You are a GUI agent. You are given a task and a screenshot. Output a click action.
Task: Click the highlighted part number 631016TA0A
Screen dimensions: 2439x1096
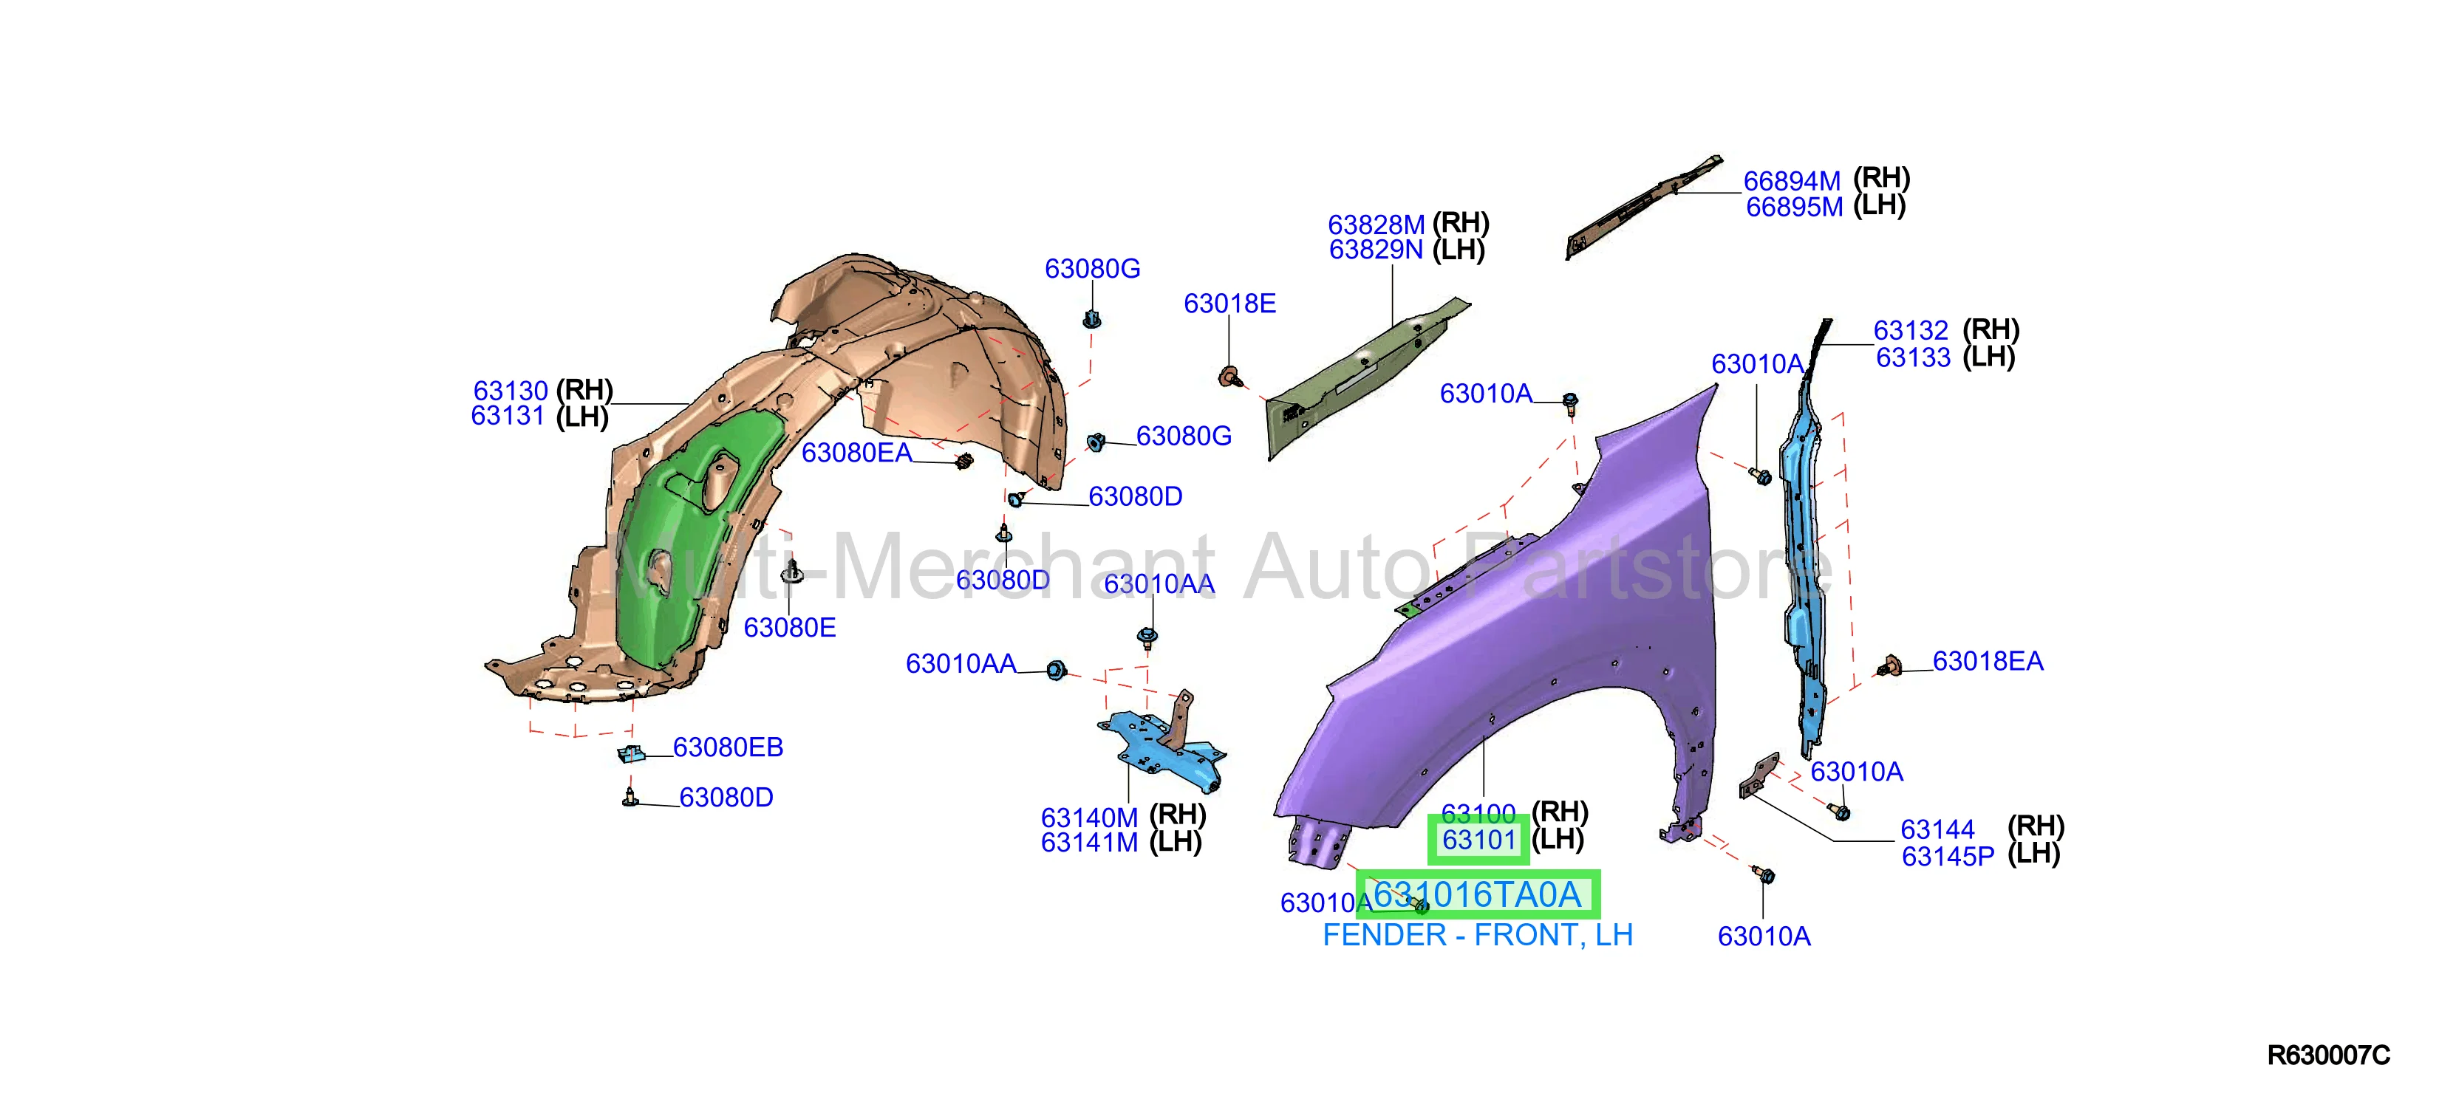pyautogui.click(x=1477, y=894)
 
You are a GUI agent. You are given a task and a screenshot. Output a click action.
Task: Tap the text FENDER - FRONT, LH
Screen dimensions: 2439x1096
pyautogui.click(x=1477, y=935)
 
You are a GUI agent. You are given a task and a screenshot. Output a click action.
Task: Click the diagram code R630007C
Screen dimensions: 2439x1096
pyautogui.click(x=2328, y=1055)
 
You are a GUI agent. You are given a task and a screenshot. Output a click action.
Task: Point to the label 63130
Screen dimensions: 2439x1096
pyautogui.click(x=511, y=391)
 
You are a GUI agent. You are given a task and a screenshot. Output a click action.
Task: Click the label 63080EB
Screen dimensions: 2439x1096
pyautogui.click(x=728, y=747)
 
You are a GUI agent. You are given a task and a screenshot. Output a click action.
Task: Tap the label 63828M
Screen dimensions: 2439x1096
pyautogui.click(x=1376, y=225)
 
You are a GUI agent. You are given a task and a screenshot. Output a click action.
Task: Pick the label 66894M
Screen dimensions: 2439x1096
pyautogui.click(x=1792, y=181)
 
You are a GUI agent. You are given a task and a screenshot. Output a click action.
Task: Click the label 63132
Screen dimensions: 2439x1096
pyautogui.click(x=1911, y=330)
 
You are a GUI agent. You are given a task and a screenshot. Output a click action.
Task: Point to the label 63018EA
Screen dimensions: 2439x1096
pyautogui.click(x=1988, y=661)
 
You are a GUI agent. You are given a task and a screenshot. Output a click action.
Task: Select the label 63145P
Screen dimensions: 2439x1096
pyautogui.click(x=1948, y=857)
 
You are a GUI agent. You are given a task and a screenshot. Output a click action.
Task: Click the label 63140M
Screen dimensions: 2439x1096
pyautogui.click(x=1089, y=817)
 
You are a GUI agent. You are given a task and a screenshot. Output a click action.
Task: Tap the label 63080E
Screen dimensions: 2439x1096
pyautogui.click(x=790, y=628)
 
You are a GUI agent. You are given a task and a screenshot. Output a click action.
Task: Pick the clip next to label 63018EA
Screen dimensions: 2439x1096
pyautogui.click(x=1889, y=666)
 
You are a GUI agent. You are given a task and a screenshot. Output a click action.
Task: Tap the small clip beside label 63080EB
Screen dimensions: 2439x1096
pyautogui.click(x=632, y=753)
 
